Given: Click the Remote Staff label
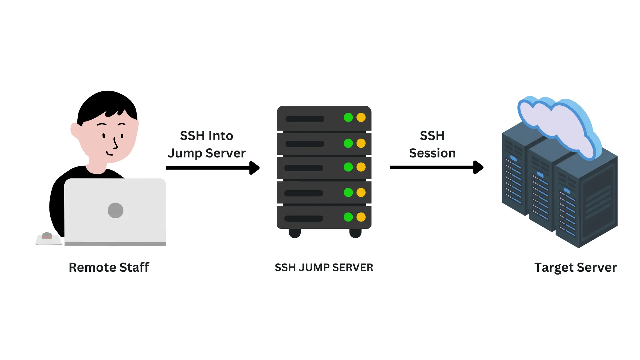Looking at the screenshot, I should tap(109, 267).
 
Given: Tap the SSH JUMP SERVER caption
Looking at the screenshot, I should tap(324, 267).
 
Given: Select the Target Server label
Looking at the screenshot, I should tap(575, 267).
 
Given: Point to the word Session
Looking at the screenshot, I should tap(432, 153).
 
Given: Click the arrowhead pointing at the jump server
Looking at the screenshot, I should tap(254, 168).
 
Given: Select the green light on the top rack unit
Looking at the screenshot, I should tap(348, 117).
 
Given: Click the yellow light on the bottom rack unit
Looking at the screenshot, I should tap(361, 217).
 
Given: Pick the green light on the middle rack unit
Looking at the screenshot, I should tap(348, 167).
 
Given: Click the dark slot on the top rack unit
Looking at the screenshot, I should tap(305, 119).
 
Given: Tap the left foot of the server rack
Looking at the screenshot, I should tap(295, 233).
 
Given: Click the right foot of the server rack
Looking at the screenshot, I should tap(355, 233).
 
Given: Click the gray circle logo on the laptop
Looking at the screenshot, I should tap(116, 210).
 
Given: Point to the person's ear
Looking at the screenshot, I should tap(75, 130).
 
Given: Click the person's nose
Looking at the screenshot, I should tap(115, 144).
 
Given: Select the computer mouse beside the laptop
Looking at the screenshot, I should tap(47, 236).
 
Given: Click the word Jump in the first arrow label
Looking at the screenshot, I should tap(185, 153).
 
